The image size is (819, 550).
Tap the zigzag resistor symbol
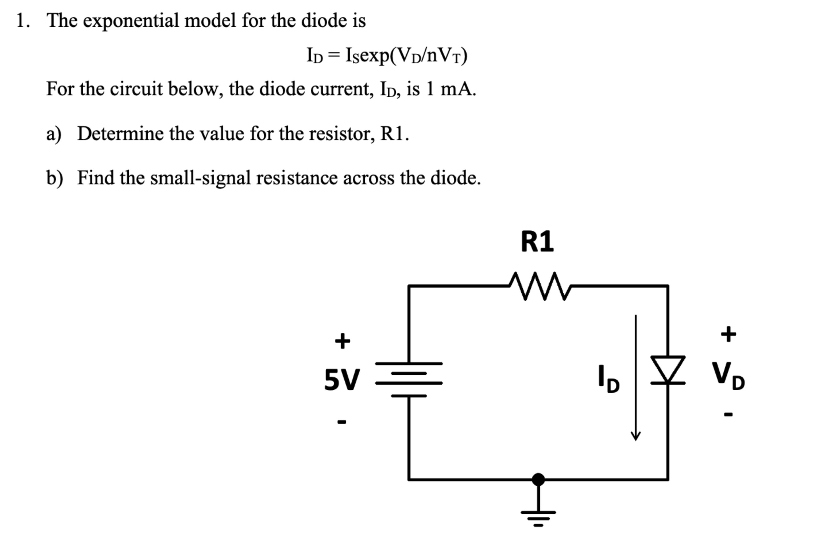(x=540, y=285)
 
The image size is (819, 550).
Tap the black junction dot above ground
(x=538, y=479)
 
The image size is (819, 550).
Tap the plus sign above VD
(x=728, y=334)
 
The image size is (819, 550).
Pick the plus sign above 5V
(x=342, y=341)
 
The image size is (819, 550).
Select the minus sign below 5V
(x=342, y=422)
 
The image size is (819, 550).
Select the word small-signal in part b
(x=200, y=178)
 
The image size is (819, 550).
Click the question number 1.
(x=21, y=20)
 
